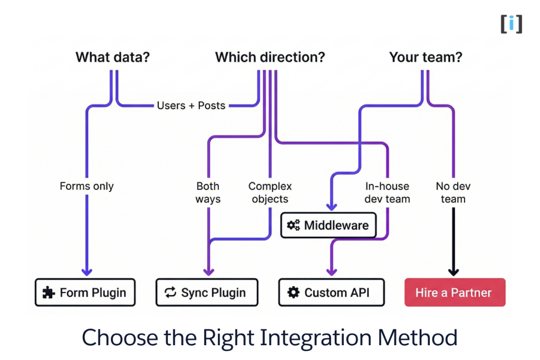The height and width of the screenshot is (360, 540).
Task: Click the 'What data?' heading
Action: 113,57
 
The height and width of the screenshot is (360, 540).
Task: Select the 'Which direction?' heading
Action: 269,57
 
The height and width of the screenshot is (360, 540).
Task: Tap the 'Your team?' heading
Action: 425,57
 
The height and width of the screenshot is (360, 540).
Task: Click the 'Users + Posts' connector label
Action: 191,105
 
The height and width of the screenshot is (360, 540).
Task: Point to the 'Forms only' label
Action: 86,186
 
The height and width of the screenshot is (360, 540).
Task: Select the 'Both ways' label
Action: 208,192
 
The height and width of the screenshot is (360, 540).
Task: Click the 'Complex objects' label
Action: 270,192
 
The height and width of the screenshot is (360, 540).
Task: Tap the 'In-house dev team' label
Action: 387,192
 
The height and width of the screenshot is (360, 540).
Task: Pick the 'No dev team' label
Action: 453,192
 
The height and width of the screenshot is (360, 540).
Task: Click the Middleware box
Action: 328,226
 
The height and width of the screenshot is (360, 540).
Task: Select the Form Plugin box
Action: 85,293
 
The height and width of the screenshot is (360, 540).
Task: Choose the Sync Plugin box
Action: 207,293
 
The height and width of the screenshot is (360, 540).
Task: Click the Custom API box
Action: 331,293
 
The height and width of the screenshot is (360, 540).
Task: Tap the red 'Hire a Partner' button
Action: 455,293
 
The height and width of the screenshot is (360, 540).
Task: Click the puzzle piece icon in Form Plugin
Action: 49,293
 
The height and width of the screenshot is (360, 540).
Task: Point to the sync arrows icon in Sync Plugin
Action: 170,293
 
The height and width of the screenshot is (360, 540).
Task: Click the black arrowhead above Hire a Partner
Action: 454,271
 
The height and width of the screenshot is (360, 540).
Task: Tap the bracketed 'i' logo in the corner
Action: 511,24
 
